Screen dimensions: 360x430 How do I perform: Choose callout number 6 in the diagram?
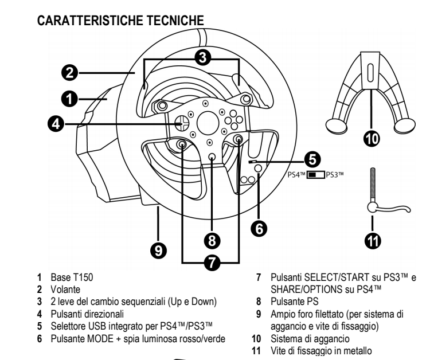coord(259,228)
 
